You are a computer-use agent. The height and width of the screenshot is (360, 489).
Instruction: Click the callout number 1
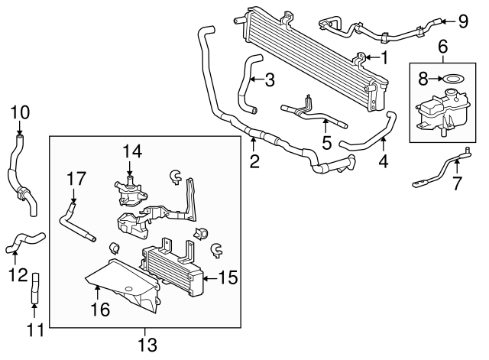[384, 57]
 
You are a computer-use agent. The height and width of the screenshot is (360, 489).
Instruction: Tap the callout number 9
[462, 21]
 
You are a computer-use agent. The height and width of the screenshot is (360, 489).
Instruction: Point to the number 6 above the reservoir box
[442, 47]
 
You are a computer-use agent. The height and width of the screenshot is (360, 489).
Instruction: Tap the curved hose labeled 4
[367, 133]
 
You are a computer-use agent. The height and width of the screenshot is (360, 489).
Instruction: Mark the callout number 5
[326, 142]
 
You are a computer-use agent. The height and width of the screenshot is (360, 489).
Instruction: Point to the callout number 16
[100, 309]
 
